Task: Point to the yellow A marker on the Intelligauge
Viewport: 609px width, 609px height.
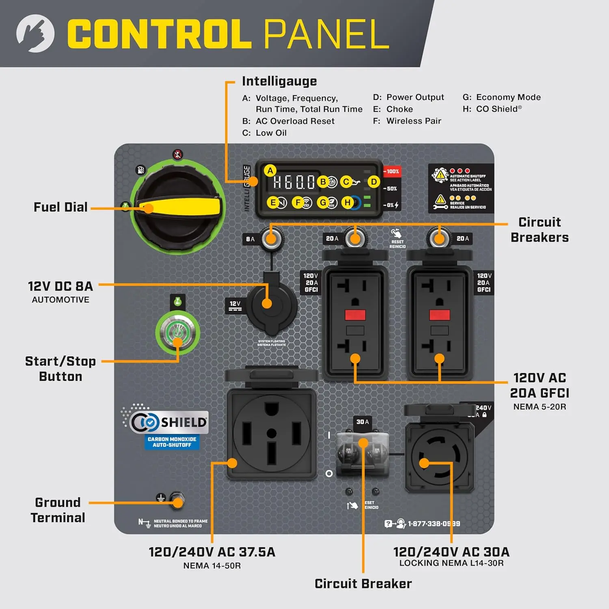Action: [x=270, y=171]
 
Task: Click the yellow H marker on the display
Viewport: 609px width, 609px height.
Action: [x=348, y=202]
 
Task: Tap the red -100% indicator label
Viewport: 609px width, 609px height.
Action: [x=392, y=171]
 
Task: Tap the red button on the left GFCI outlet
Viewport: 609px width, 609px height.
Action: [x=355, y=315]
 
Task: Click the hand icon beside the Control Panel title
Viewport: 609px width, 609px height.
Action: [x=35, y=33]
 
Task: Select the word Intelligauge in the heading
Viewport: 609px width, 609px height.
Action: [x=279, y=81]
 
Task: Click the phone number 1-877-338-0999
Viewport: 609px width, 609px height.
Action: [x=434, y=524]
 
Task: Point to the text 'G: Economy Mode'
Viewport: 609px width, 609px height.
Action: [x=501, y=97]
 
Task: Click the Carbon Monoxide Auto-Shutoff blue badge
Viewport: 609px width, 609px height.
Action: [x=172, y=442]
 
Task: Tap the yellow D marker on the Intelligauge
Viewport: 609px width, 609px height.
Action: [x=374, y=182]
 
